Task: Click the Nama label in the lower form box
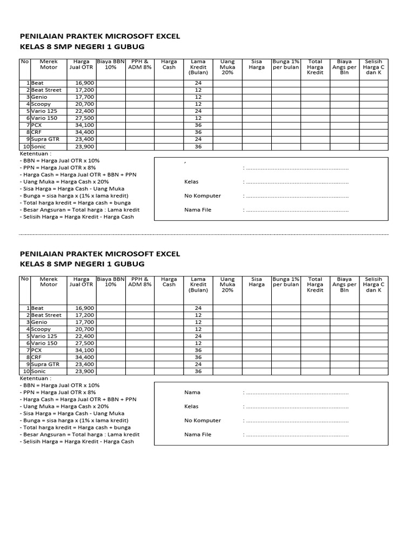point(192,393)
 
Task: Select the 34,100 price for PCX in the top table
point(84,125)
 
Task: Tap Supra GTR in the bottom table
point(45,364)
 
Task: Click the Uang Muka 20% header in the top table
point(227,67)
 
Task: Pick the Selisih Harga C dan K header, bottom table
point(373,285)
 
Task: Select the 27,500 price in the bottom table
point(84,343)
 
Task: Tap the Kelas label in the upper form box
point(192,181)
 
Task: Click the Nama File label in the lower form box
point(198,434)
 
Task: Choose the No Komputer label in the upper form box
point(203,195)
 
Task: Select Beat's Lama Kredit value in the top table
point(198,83)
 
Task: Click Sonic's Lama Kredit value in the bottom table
point(198,371)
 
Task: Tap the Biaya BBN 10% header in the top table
point(111,64)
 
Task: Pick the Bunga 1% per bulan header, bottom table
point(286,282)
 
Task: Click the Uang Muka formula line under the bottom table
point(64,406)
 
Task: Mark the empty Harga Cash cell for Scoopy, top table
point(169,104)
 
